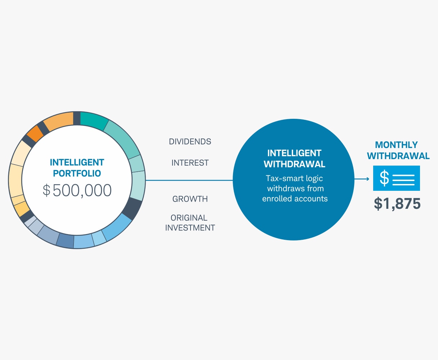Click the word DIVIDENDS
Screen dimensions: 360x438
point(190,141)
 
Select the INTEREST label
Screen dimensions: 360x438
point(190,163)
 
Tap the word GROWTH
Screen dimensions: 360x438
point(190,199)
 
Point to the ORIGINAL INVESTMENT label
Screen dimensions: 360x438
point(190,223)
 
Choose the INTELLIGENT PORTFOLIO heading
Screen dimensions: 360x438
point(77,168)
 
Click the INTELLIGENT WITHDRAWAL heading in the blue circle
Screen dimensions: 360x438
point(294,159)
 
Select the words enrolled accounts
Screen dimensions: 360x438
point(295,198)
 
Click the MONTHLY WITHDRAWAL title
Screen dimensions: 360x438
point(398,150)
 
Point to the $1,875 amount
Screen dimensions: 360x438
point(397,204)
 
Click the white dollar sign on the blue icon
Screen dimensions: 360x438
point(384,178)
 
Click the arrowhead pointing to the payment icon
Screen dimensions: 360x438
point(367,179)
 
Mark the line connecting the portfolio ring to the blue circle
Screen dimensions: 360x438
point(189,180)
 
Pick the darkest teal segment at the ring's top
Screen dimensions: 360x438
point(94,120)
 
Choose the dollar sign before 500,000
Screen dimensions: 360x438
point(46,190)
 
